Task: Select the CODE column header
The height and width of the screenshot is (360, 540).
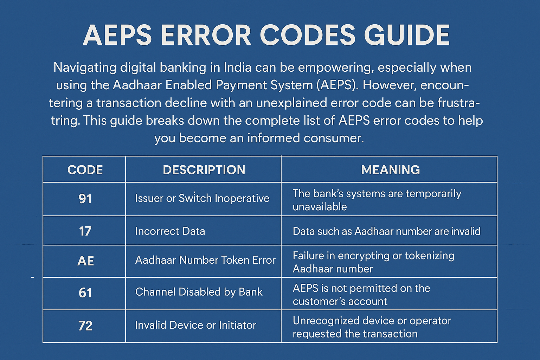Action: tap(85, 170)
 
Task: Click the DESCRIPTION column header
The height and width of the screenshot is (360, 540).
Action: tap(204, 170)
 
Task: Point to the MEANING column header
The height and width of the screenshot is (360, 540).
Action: tap(390, 170)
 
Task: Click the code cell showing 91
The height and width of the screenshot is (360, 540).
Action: tap(85, 199)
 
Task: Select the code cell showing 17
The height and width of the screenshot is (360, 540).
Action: tap(85, 231)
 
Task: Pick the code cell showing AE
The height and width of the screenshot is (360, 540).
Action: tap(85, 261)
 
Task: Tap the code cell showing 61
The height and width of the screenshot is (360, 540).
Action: tap(85, 293)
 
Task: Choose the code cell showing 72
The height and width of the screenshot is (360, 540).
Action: tap(85, 326)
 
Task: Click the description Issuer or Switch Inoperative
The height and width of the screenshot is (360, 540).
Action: tap(202, 198)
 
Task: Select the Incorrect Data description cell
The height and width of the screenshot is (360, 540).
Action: tap(170, 231)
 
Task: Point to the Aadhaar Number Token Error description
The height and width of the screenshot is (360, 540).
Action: tap(205, 260)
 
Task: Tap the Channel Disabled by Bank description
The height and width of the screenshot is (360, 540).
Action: tap(199, 292)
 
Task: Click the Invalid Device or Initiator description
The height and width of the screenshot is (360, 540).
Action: tap(195, 325)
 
